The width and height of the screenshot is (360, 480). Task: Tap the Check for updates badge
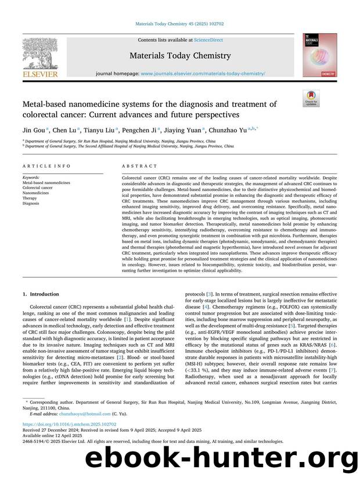pyautogui.click(x=311, y=99)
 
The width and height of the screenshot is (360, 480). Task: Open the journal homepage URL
pyautogui.click(x=203, y=74)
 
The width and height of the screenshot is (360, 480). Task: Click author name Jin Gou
pyautogui.click(x=33, y=131)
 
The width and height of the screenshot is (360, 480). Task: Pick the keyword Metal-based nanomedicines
pyautogui.click(x=46, y=182)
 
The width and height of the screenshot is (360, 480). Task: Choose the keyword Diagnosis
pyautogui.click(x=31, y=204)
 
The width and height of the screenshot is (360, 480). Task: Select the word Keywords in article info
pyautogui.click(x=31, y=177)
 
